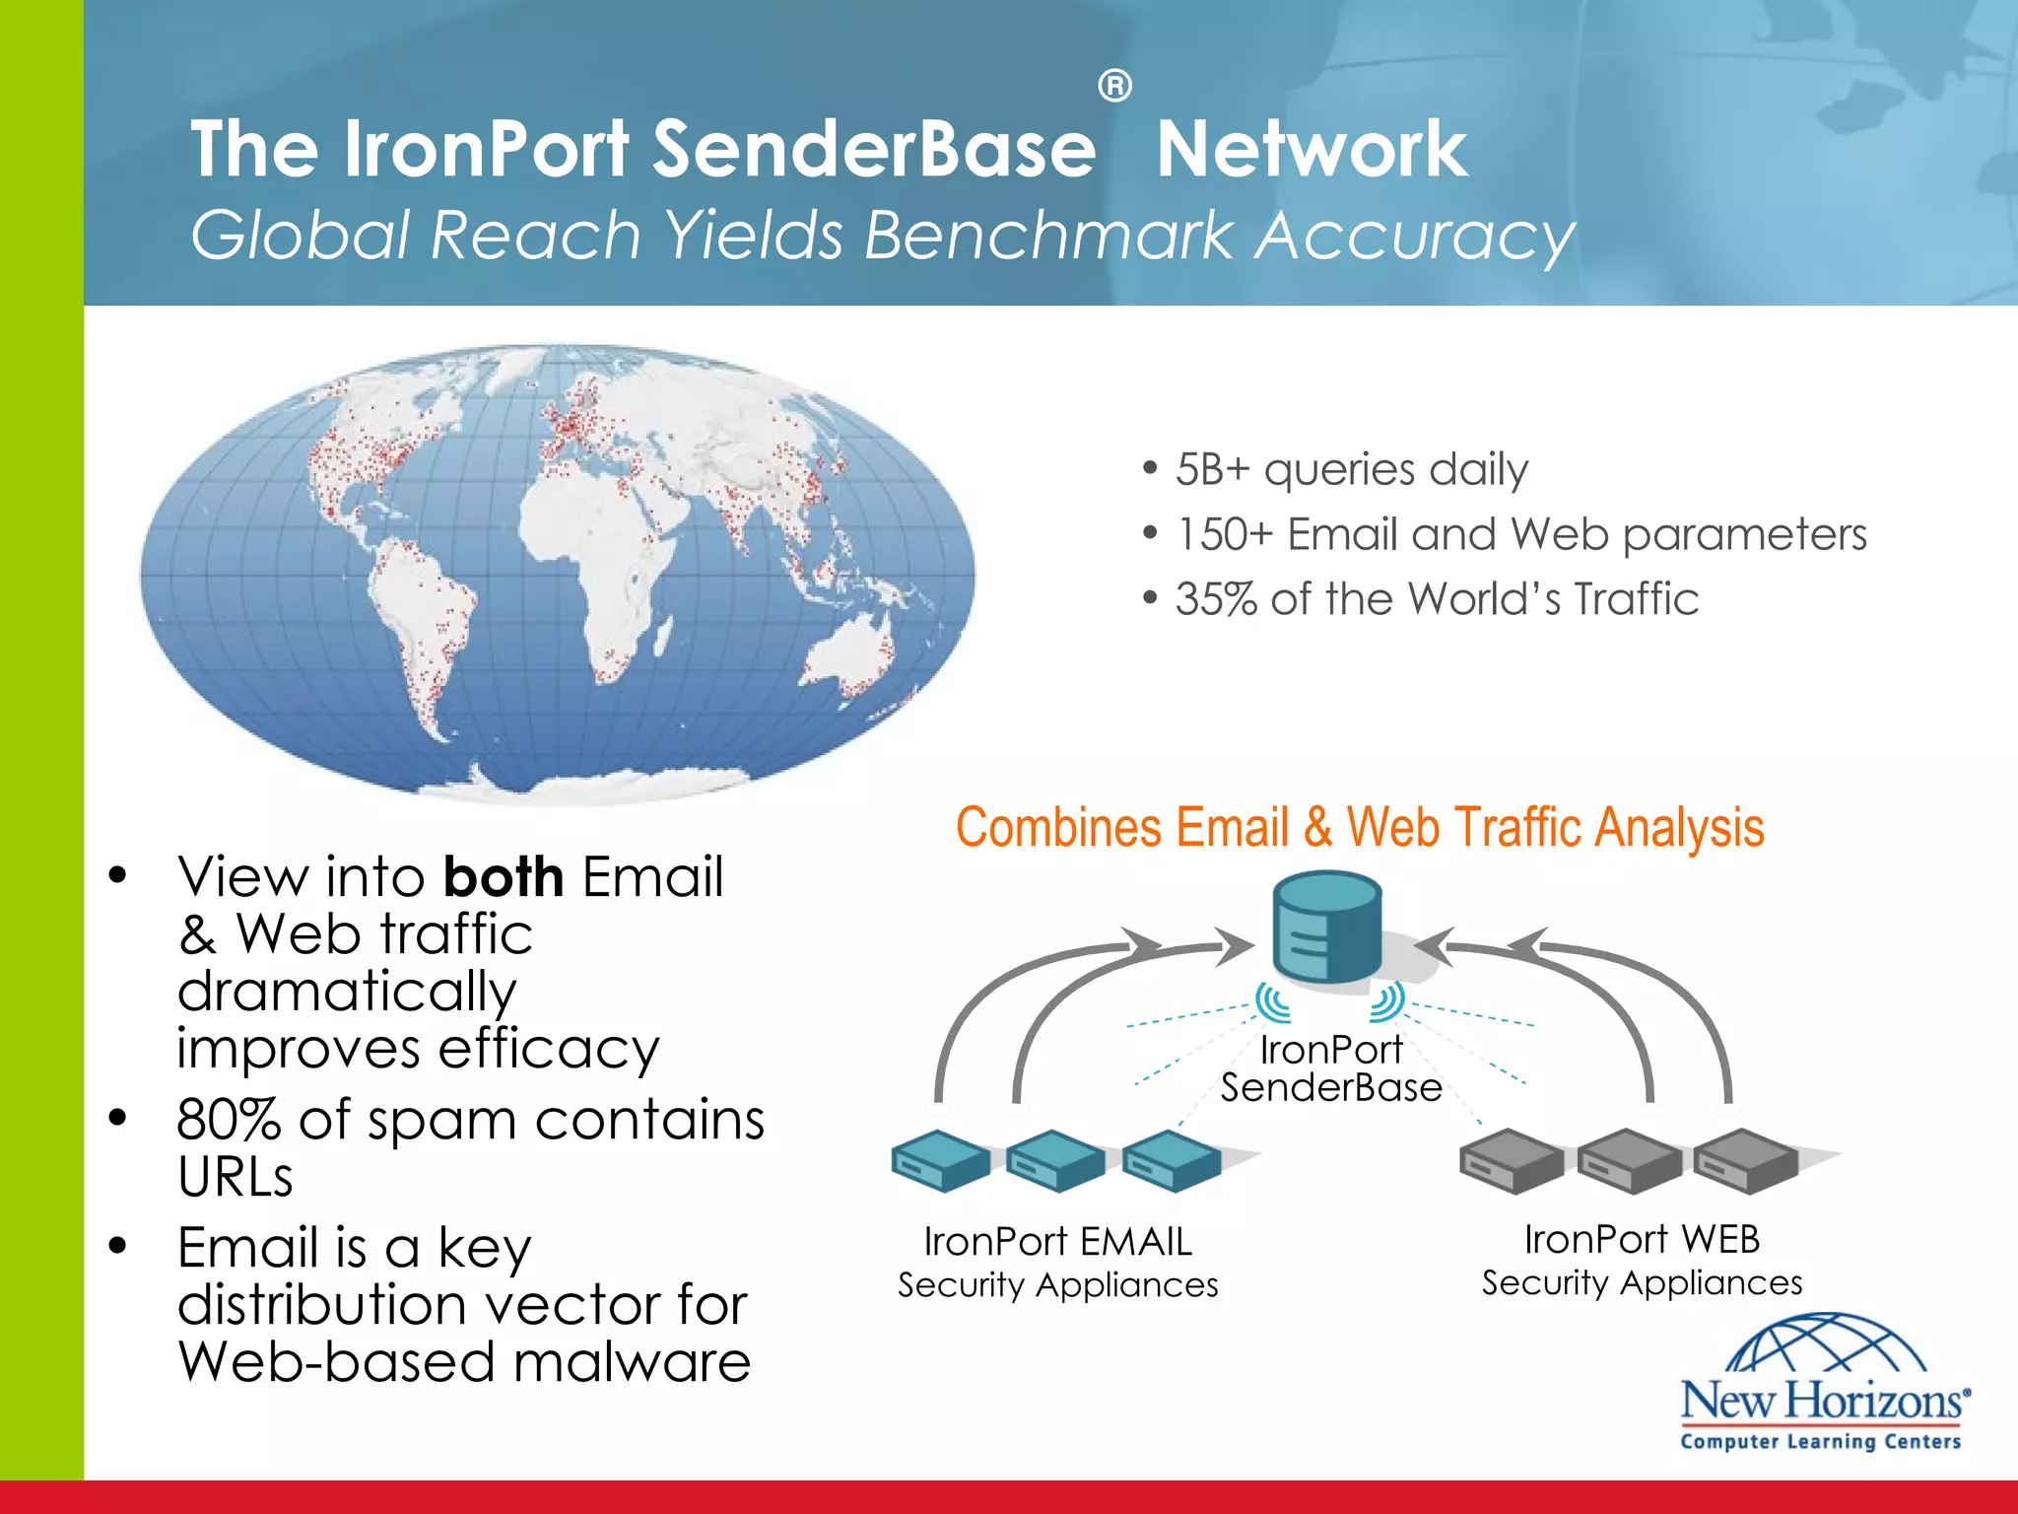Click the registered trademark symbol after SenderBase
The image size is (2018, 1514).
tap(1114, 87)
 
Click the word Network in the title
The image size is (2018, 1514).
tap(1312, 149)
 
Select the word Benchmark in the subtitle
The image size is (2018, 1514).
tap(1048, 236)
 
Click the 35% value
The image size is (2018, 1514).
tap(1215, 599)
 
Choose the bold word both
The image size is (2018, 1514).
tap(504, 876)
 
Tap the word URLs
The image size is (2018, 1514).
tap(235, 1177)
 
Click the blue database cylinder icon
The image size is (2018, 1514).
tap(1326, 926)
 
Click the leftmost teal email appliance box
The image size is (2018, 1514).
tap(940, 1160)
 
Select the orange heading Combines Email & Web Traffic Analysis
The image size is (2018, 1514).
tap(1360, 827)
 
